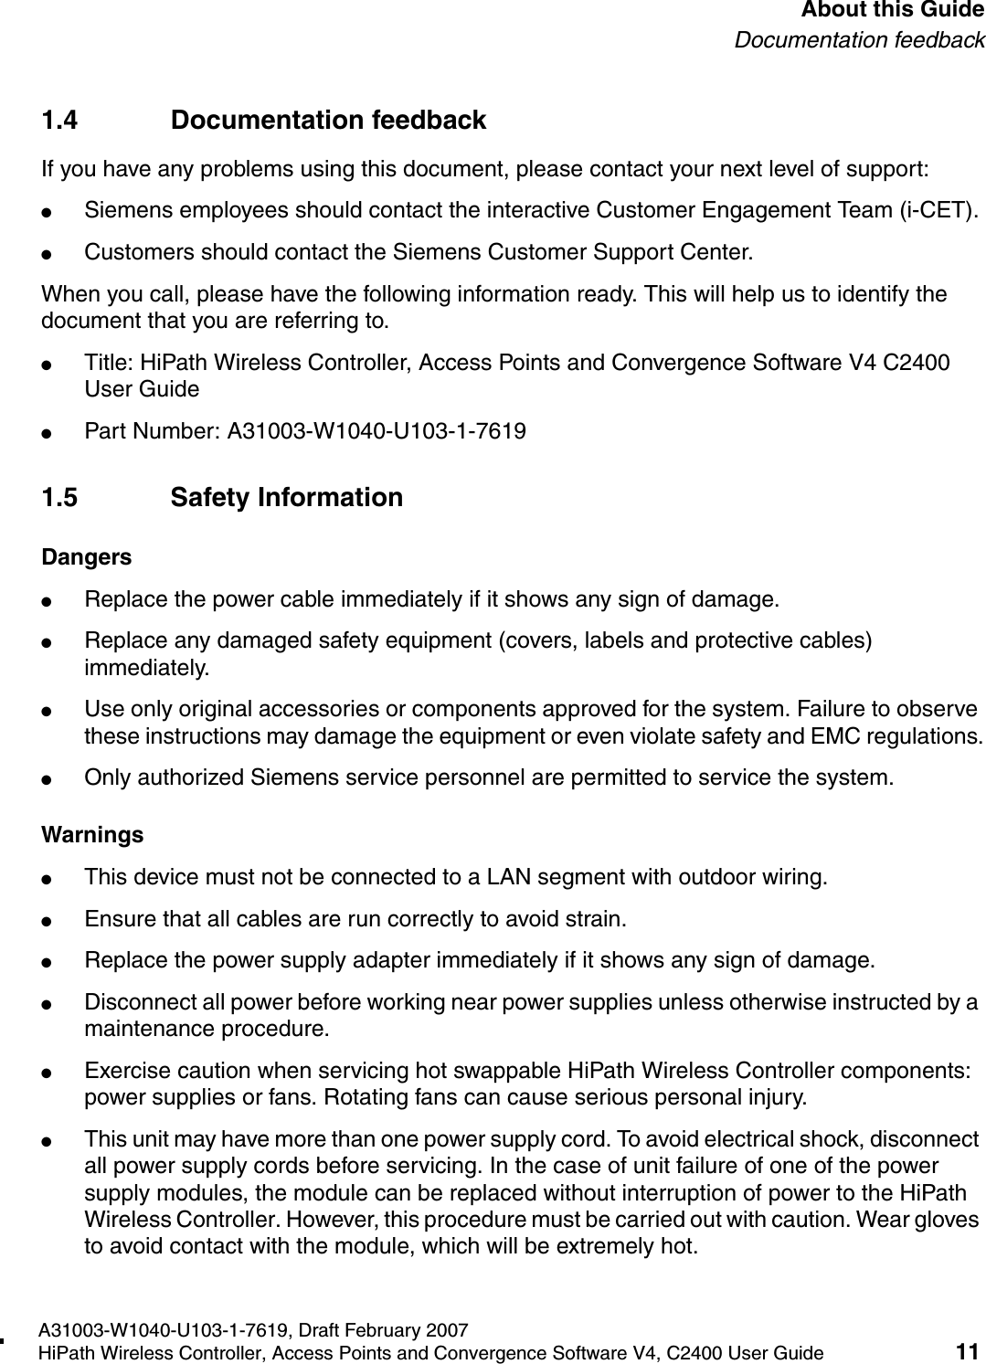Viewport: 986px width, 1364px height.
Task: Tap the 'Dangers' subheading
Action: point(87,557)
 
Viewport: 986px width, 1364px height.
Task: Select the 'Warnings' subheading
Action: point(92,835)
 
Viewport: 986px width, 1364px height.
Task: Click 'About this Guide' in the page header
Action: point(893,11)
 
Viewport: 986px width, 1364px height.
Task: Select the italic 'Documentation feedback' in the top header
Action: point(860,41)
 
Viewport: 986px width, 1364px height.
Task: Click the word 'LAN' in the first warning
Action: point(486,878)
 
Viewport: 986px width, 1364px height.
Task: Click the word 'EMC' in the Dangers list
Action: point(843,736)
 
